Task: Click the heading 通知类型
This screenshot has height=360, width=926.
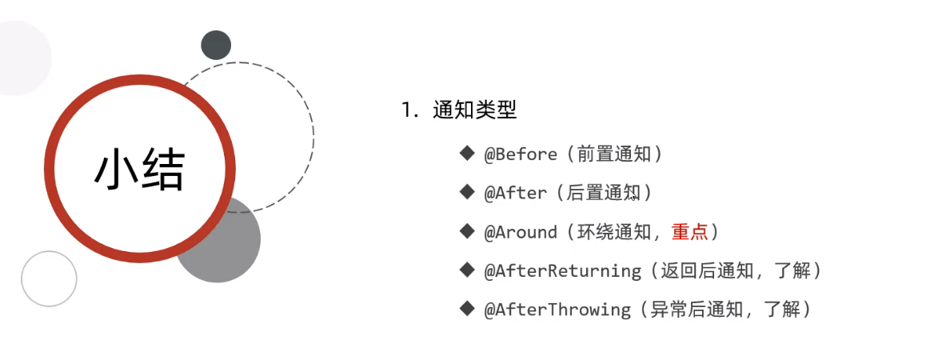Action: pos(475,110)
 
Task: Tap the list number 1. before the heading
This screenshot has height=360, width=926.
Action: pos(410,110)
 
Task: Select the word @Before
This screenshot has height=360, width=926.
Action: pos(521,154)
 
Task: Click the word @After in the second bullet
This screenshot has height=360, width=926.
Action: pos(516,193)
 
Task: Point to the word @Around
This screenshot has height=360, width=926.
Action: pos(521,232)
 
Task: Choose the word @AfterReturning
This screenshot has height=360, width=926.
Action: pos(563,270)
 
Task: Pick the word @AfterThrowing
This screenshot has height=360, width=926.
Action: pos(557,309)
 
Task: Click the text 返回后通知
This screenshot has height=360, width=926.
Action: pos(707,270)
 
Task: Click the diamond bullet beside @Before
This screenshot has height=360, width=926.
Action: pos(467,153)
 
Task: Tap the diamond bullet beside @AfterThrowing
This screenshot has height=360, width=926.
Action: pos(467,308)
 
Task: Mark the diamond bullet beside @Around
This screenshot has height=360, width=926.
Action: pos(467,230)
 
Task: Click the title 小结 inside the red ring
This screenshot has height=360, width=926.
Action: pos(139,170)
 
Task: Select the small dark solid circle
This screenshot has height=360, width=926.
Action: pos(216,45)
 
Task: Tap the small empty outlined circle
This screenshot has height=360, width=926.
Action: pos(49,278)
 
